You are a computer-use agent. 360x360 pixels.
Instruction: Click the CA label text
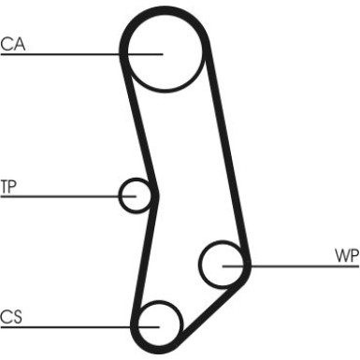pos(13,44)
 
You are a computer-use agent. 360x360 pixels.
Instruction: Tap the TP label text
pos(8,187)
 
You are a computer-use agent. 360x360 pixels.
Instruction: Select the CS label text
pos(11,317)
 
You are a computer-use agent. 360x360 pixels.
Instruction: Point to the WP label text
pos(347,255)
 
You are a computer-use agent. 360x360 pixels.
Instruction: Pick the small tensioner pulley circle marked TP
pos(120,195)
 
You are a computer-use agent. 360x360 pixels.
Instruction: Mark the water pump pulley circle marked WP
pos(199,265)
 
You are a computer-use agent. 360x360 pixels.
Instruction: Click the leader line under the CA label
pos(81,54)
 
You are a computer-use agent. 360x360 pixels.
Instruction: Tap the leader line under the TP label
pos(68,196)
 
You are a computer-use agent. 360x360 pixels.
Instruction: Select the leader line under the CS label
pos(80,327)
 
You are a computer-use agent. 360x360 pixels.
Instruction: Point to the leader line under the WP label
pos(291,266)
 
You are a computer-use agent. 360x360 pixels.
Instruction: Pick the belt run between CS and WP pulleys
pos(213,306)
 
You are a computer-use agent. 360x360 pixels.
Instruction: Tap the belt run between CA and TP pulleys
pos(139,124)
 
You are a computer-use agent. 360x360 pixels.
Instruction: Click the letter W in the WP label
pos(342,255)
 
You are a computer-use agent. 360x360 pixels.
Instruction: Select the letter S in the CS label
pos(18,317)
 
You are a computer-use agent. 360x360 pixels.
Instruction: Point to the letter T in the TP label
pos(5,187)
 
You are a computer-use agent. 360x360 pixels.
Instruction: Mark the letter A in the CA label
pos(19,44)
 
